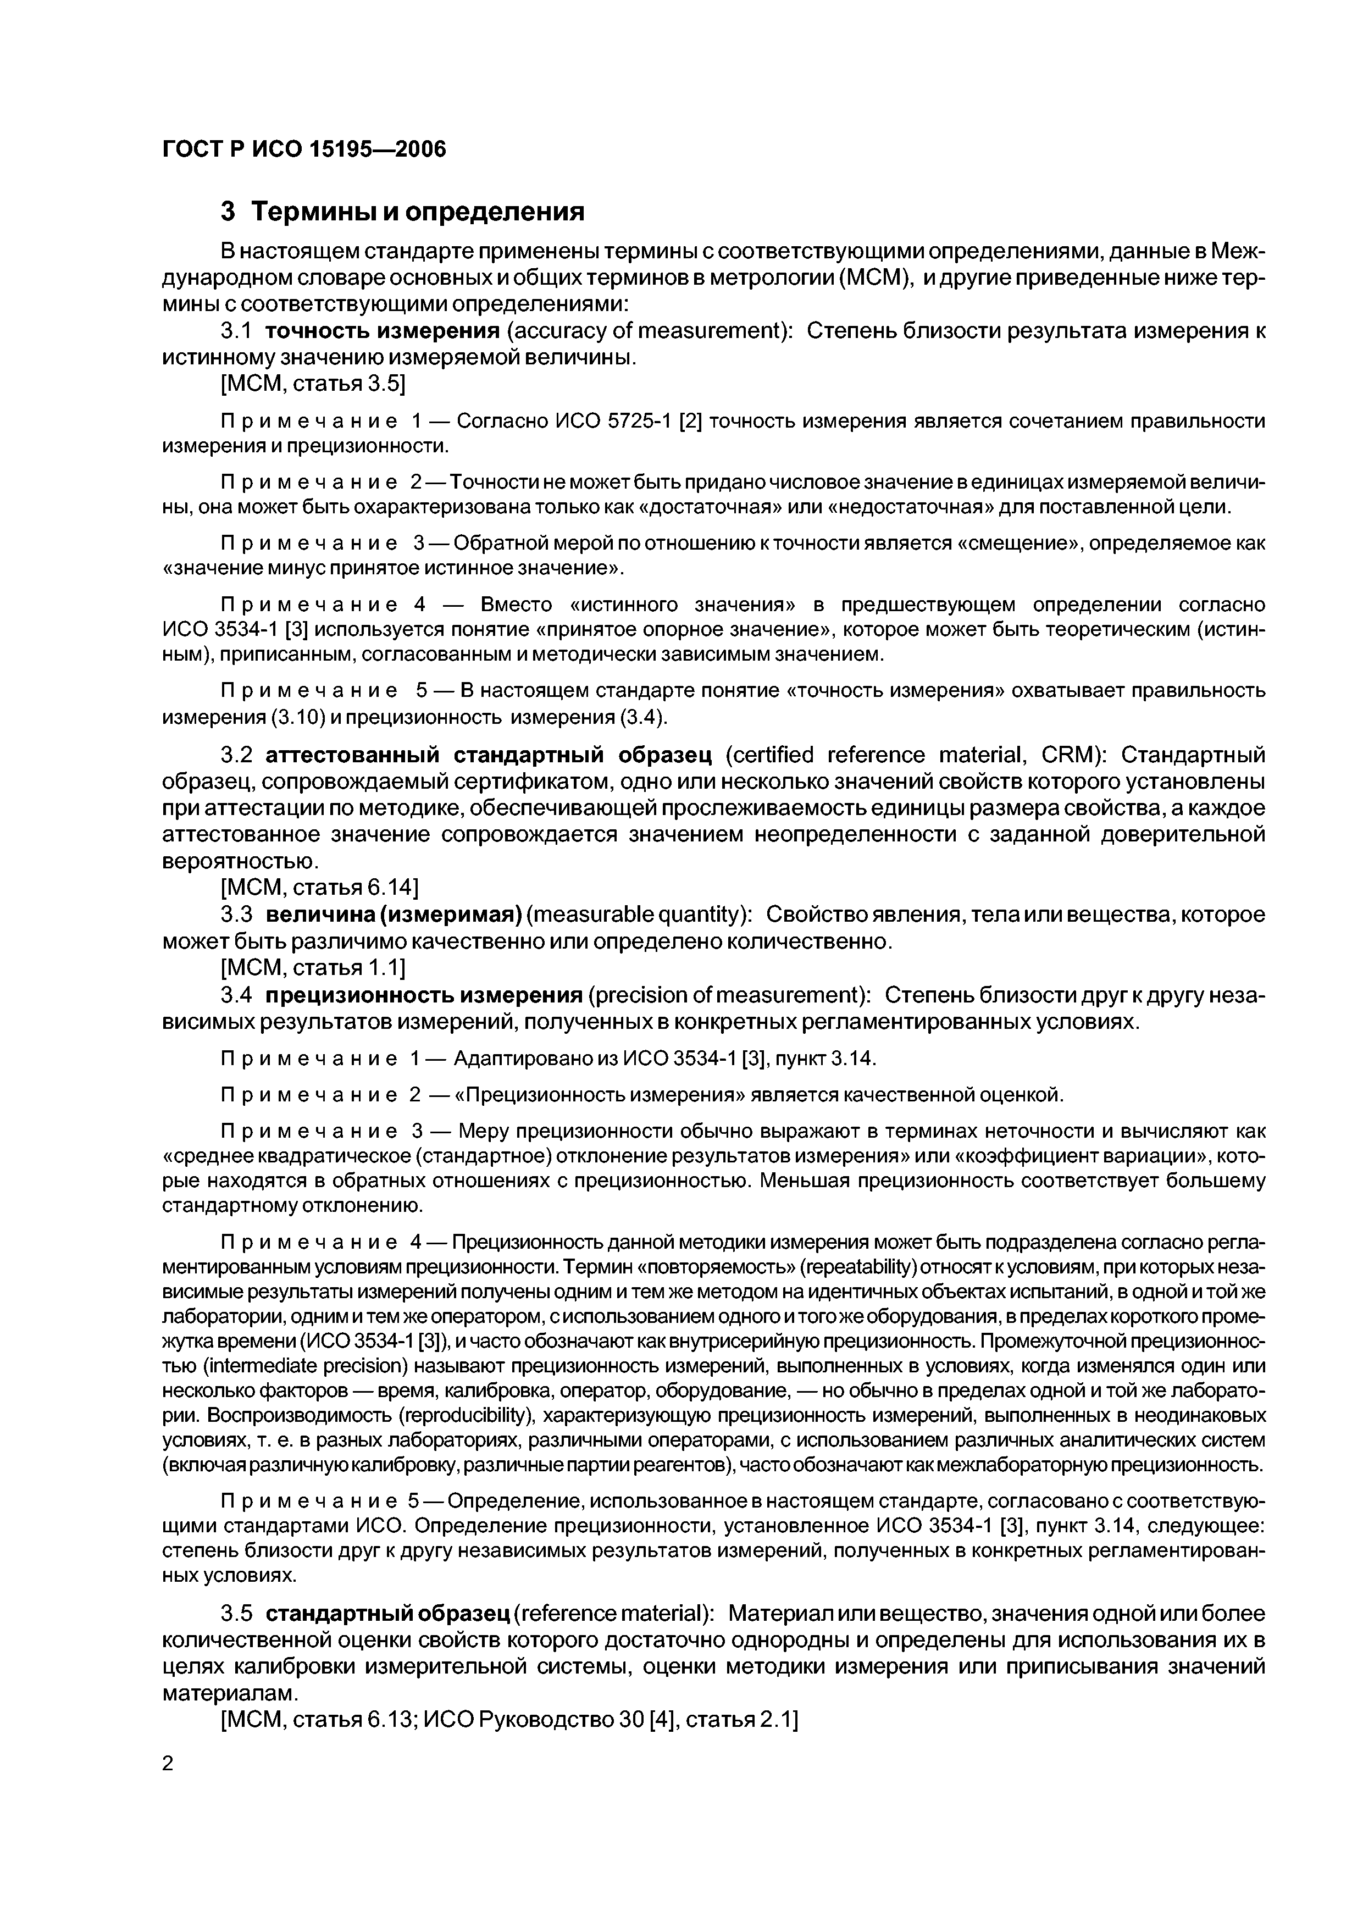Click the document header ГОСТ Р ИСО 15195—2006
pyautogui.click(x=304, y=149)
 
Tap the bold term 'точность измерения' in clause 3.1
pyautogui.click(x=382, y=332)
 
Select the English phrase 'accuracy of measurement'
pyautogui.click(x=647, y=332)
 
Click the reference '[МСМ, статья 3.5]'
pyautogui.click(x=312, y=385)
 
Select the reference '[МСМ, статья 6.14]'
pyautogui.click(x=319, y=888)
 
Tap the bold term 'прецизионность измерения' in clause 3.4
pyautogui.click(x=424, y=995)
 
